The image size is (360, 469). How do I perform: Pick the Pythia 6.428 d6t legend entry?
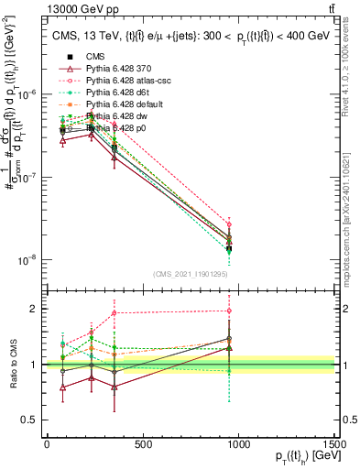[x=120, y=93]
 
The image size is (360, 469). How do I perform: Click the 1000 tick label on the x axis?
[x=238, y=445]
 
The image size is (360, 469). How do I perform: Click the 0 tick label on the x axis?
[x=47, y=445]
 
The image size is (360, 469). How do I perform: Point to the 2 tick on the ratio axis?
[x=33, y=309]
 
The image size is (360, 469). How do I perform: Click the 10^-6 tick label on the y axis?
[x=25, y=94]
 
